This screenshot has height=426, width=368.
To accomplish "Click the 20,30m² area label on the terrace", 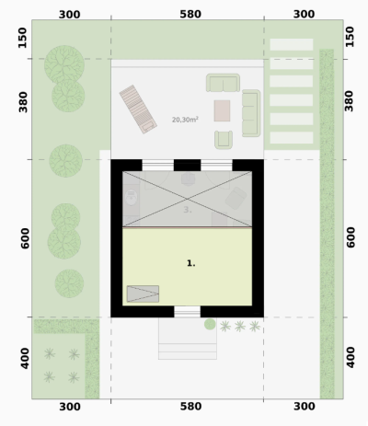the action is tap(185, 120).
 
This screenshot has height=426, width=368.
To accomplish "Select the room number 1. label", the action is tap(191, 263).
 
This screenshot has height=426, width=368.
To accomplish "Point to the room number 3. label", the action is tap(188, 210).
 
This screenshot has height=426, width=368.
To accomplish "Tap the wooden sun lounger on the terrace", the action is tap(138, 109).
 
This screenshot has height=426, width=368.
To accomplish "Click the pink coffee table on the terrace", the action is tap(222, 110).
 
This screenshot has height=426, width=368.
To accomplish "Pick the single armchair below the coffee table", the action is tap(224, 140).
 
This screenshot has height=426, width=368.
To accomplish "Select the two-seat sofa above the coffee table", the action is tap(223, 83).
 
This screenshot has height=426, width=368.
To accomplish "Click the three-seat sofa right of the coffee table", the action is tap(251, 113).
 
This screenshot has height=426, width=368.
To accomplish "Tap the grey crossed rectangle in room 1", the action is tap(143, 294).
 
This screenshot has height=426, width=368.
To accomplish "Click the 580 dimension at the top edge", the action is tap(190, 14).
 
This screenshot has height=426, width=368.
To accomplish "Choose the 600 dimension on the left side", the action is tap(25, 238).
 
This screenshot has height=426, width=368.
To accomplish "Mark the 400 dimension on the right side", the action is tap(351, 358).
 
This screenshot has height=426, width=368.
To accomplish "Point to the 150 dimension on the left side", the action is tap(22, 38).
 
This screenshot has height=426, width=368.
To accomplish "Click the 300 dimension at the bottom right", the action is tap(305, 407).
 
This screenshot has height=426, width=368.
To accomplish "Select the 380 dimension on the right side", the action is tap(349, 101).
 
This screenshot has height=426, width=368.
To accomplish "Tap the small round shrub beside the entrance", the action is tap(210, 324).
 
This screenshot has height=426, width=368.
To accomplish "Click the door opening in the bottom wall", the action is tap(188, 311).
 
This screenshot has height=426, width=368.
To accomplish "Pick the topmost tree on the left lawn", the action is tap(64, 64).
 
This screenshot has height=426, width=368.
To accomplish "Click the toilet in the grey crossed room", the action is tap(132, 198).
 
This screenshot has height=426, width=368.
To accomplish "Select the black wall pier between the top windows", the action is tap(187, 165).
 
